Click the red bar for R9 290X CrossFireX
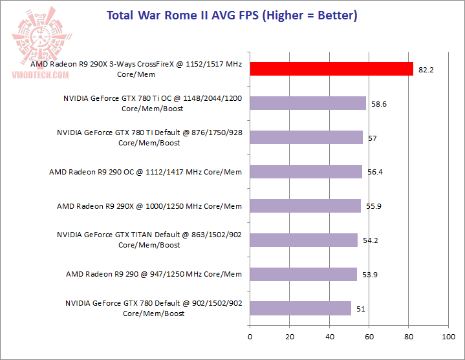click(x=331, y=69)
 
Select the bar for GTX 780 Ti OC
click(x=308, y=103)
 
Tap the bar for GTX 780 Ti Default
click(x=306, y=138)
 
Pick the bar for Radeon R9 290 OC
click(x=305, y=171)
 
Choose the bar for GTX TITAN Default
click(x=303, y=240)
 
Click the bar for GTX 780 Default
click(x=300, y=308)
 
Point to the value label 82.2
click(x=426, y=70)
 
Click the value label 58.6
click(x=379, y=104)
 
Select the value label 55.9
click(x=374, y=206)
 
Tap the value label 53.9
click(x=370, y=275)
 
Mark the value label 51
click(x=361, y=309)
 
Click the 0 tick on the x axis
click(x=250, y=337)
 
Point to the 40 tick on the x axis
click(x=329, y=337)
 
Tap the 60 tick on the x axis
click(x=369, y=337)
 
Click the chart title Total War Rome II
click(x=232, y=15)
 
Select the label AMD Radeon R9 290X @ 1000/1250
click(x=149, y=206)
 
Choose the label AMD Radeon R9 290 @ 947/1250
click(x=154, y=274)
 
